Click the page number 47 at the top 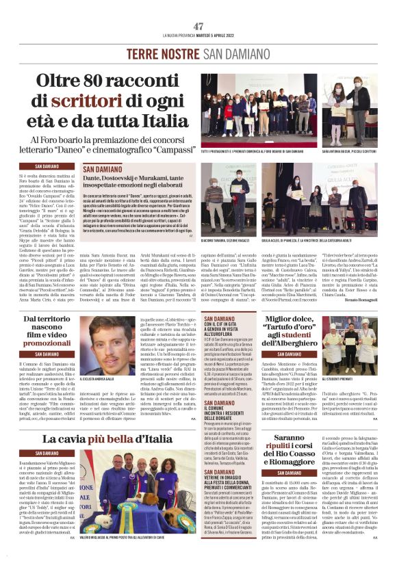(x=198, y=26)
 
